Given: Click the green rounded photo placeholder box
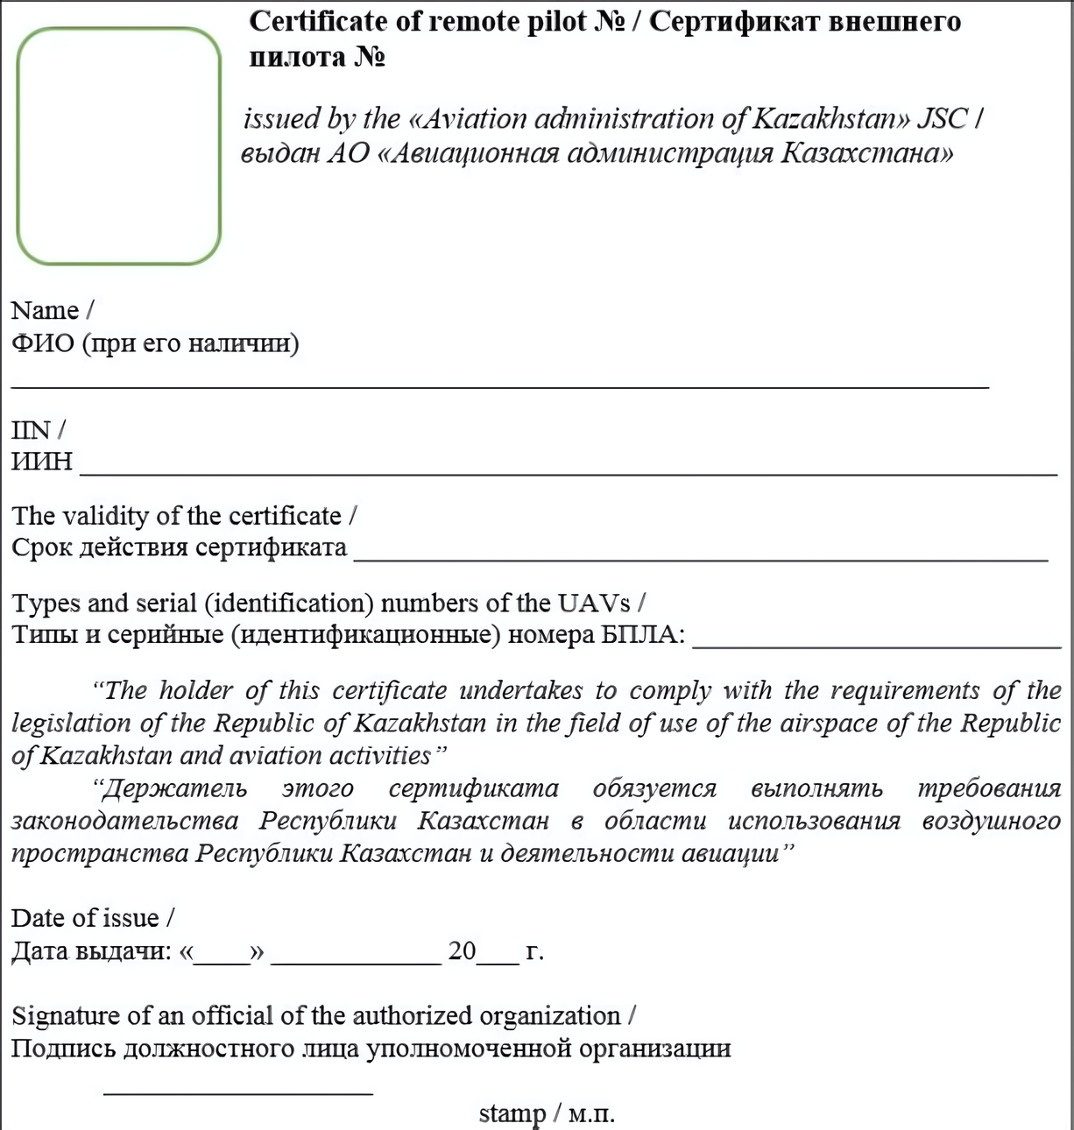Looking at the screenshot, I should click(x=119, y=145).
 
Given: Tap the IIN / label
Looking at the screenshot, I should click(x=38, y=430).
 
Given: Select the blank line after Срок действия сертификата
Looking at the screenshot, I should click(x=701, y=558).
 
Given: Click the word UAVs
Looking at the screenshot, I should click(x=593, y=604).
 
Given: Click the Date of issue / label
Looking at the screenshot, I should click(x=92, y=918).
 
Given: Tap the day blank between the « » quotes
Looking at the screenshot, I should click(x=222, y=963).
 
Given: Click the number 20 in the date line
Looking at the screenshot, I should click(x=462, y=951).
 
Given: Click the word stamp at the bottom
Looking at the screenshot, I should click(x=512, y=1114).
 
